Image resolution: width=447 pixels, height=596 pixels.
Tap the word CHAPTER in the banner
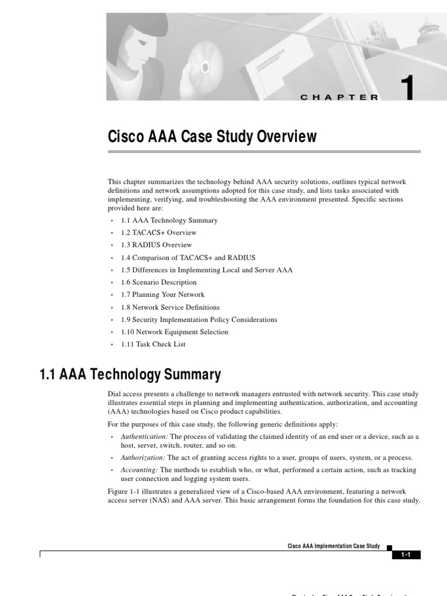click(339, 98)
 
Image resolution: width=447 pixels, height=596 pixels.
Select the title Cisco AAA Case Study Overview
click(212, 137)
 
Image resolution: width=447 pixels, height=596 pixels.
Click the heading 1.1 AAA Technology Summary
click(130, 374)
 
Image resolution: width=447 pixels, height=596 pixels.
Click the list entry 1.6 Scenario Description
click(158, 282)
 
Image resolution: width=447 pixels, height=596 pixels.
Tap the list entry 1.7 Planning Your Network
click(162, 295)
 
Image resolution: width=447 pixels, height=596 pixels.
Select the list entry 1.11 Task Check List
click(153, 344)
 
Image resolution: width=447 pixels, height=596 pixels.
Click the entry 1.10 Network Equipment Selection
click(175, 332)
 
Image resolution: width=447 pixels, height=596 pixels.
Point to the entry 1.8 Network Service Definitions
click(170, 307)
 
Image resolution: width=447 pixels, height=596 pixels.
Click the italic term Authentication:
click(144, 437)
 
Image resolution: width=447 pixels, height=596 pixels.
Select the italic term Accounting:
click(139, 470)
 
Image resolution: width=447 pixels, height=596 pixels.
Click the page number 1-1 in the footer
click(406, 555)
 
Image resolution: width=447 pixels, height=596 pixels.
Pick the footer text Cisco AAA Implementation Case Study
click(334, 547)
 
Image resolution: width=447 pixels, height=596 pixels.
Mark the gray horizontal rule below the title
click(264, 151)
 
